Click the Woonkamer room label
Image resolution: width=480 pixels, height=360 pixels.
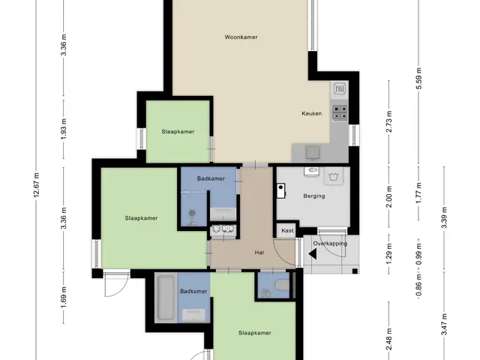click(x=241, y=37)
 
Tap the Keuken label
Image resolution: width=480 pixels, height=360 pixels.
click(x=312, y=113)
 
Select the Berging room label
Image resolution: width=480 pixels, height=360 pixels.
click(x=314, y=196)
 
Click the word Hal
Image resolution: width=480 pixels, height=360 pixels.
click(x=259, y=253)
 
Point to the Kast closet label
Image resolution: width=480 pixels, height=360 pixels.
click(x=287, y=230)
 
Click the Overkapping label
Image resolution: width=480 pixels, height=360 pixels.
click(x=330, y=244)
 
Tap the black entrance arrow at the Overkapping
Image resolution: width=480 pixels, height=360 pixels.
click(x=313, y=254)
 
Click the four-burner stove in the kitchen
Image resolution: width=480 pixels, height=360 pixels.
click(x=340, y=112)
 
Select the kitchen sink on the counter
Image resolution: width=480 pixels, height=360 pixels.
click(x=313, y=152)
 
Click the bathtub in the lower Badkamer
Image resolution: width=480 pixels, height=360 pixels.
click(x=166, y=297)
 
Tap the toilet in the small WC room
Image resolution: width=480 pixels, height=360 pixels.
click(x=282, y=285)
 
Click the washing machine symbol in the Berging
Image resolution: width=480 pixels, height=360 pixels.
click(x=333, y=176)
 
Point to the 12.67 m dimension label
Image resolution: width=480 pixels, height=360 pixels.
click(x=37, y=184)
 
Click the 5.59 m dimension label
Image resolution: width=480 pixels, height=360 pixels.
click(x=419, y=78)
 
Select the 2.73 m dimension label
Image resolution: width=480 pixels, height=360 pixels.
click(x=389, y=121)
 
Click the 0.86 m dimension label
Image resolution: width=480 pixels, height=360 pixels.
click(x=419, y=286)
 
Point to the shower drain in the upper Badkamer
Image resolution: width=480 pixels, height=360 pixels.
click(x=192, y=213)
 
